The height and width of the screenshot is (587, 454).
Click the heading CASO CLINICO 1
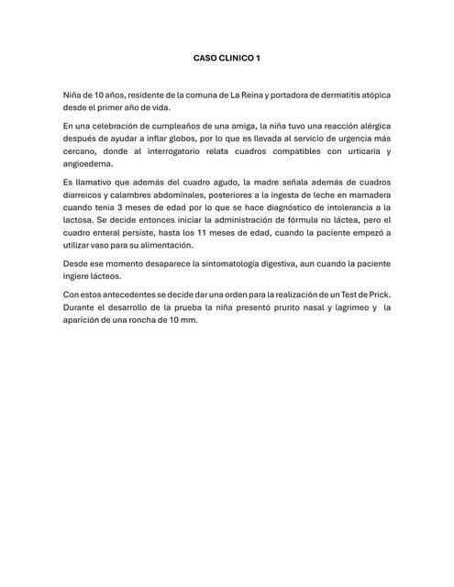click(227, 58)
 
